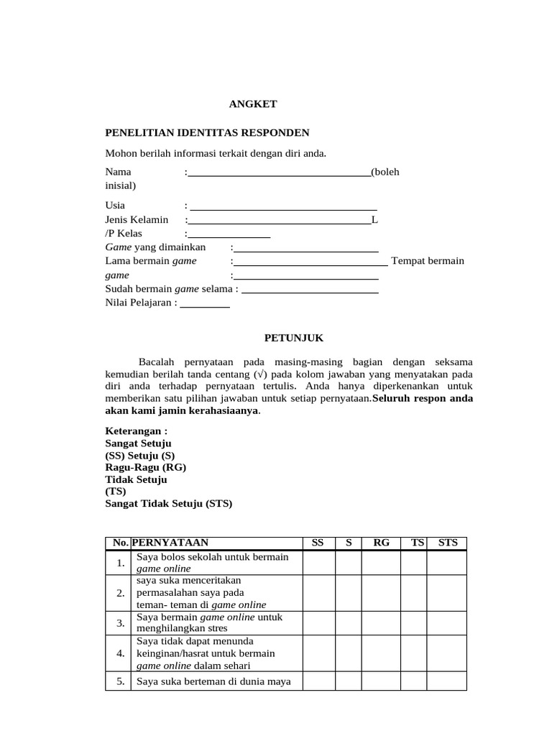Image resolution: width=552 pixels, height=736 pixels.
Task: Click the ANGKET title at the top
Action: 252,104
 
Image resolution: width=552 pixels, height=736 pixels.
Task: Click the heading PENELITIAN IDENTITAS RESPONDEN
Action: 207,133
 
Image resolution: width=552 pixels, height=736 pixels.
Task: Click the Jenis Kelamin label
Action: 137,219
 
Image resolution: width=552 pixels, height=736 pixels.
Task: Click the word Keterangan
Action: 136,431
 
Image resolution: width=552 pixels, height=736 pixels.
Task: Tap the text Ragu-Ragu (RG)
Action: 146,467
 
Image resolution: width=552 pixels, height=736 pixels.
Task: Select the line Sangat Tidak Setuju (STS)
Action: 169,504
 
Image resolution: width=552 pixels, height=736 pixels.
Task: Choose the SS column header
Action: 318,543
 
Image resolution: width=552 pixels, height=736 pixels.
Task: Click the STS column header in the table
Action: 447,543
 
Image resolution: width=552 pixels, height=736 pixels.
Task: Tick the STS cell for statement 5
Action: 447,681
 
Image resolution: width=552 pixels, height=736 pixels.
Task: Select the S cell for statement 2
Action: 348,593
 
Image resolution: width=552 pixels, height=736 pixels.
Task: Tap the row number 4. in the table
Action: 120,653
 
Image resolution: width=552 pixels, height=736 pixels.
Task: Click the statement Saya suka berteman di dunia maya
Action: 213,681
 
